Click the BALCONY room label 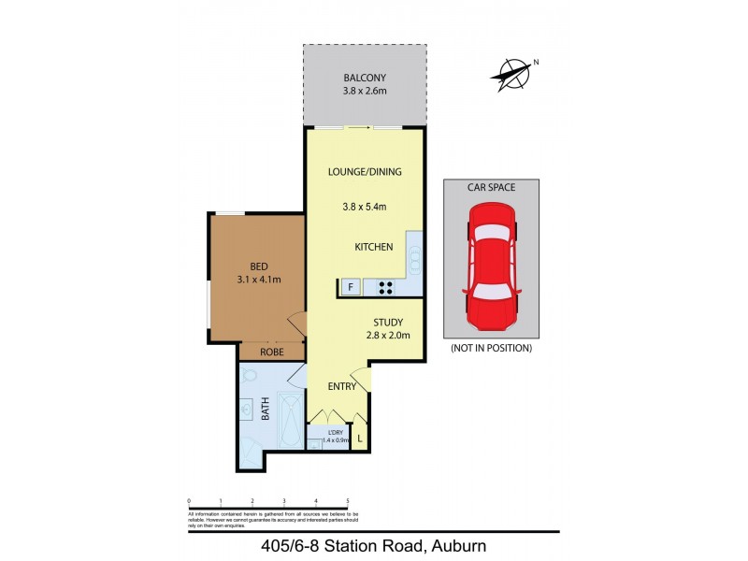(364, 78)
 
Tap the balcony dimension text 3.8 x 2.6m (364, 92)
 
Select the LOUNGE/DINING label (364, 172)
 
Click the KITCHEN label (372, 247)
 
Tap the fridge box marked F (350, 287)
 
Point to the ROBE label (271, 353)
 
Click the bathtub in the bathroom (291, 422)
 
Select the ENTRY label (340, 386)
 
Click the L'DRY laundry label (335, 431)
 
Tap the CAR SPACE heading (491, 188)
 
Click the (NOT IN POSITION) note (491, 348)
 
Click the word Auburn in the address (453, 546)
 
